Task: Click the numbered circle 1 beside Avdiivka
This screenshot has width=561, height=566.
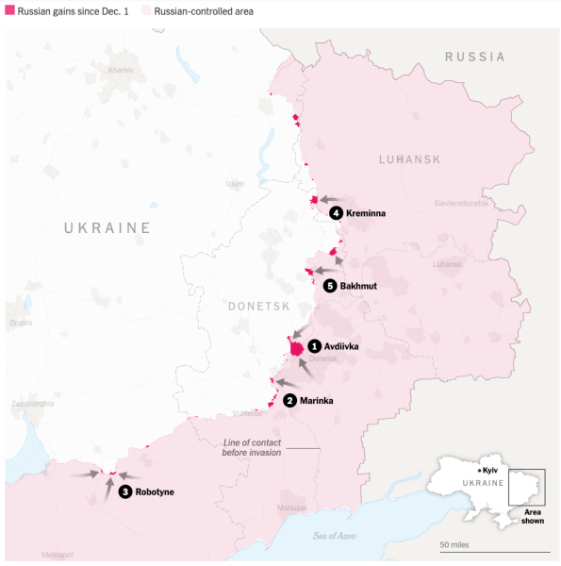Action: pos(315,346)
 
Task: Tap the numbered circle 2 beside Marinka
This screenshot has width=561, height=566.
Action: pos(290,400)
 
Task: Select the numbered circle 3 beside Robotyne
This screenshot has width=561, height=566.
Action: pos(125,491)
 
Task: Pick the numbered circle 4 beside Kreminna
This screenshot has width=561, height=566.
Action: pos(336,213)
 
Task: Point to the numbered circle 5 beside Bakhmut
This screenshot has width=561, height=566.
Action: pos(329,285)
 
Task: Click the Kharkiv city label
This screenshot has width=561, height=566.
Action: pos(122,71)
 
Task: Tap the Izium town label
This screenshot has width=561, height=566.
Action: pos(235,183)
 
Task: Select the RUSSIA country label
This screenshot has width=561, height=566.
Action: pos(474,57)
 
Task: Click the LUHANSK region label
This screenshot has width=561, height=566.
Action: pos(409,159)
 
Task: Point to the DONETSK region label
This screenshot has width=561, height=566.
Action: pos(257,307)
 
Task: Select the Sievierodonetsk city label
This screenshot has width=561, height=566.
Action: pos(461,203)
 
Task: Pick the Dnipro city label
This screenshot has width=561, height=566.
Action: pos(21,323)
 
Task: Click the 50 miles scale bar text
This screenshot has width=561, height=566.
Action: pos(454,544)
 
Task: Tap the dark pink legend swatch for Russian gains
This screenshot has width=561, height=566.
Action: pos(9,9)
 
